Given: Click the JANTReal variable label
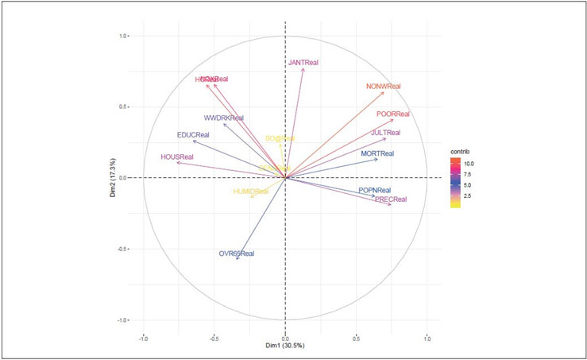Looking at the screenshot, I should coord(303,61).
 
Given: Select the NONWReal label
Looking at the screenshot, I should coord(384,87).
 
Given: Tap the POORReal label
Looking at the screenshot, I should coord(393,114).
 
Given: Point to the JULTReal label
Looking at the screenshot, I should coord(385,133).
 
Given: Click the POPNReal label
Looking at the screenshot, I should coord(374,191).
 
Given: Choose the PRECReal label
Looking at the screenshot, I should coord(390,199).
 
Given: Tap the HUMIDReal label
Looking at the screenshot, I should coord(249,192).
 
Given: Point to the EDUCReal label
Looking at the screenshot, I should coord(193,135).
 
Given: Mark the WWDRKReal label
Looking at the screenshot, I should coord(224,118).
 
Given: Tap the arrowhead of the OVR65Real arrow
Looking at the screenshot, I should coord(238,269).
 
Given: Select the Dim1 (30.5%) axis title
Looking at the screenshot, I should coord(285,346).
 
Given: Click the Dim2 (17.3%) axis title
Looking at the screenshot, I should coord(114,178).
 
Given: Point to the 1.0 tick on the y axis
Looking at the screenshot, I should coord(124,36).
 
